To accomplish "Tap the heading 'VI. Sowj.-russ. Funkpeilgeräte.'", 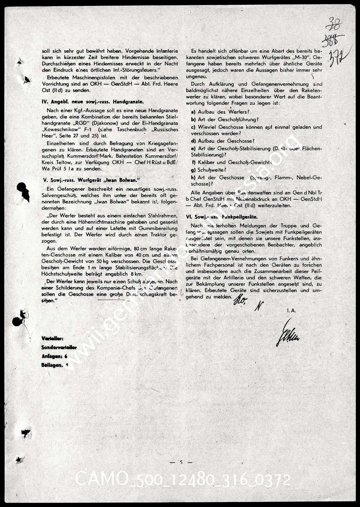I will coord(221,217).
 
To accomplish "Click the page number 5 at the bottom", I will coord(181,462).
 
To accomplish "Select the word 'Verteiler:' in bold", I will coord(52,339).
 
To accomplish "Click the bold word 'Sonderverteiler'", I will coord(59,347).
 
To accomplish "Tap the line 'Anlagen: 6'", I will coord(55,356).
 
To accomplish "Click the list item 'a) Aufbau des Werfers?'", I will coord(220,112).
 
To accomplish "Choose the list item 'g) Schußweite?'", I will coord(209,170).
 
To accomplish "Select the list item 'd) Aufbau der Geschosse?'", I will coord(223,141).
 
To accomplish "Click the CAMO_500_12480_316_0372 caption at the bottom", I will coord(183,480).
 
